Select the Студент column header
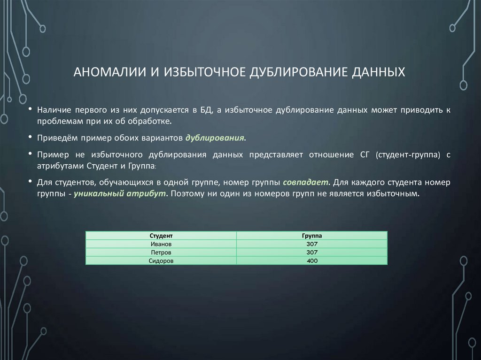[x=161, y=236]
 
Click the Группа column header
[x=312, y=236]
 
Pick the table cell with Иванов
[x=161, y=245]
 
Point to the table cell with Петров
[x=161, y=253]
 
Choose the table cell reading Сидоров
[x=161, y=261]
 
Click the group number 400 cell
[x=312, y=261]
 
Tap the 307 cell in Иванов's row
[x=312, y=245]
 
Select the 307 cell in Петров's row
[x=312, y=253]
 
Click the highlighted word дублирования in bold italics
[x=215, y=138]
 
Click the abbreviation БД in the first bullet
[x=205, y=110]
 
